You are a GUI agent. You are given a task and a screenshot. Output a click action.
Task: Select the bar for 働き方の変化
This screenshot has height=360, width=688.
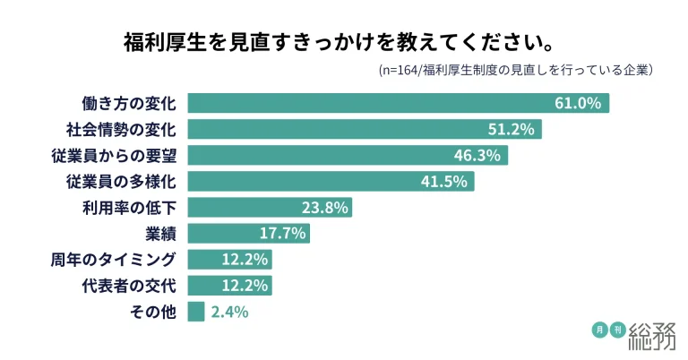point(398,103)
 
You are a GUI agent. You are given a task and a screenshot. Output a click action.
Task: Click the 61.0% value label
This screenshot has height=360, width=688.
point(577,103)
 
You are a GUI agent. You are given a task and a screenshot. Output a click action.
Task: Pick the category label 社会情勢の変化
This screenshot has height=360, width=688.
point(122,129)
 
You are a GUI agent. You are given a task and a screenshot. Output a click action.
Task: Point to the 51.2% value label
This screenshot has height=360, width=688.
point(511,129)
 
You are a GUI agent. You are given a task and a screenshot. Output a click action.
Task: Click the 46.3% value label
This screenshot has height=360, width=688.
point(477,155)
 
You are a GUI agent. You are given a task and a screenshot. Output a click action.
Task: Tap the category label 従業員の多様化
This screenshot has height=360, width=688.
point(122,181)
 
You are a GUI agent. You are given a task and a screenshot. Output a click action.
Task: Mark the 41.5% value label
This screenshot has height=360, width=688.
point(443,181)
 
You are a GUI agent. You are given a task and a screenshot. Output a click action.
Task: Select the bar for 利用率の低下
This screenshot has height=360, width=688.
point(269,207)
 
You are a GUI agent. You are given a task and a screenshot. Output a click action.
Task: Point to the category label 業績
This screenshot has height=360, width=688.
point(160,233)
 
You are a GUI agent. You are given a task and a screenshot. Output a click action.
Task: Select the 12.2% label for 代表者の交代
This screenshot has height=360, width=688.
point(242,286)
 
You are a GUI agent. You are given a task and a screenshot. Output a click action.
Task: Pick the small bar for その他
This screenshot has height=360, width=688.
point(196,312)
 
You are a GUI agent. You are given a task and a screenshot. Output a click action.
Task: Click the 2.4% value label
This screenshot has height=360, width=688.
point(229,312)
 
